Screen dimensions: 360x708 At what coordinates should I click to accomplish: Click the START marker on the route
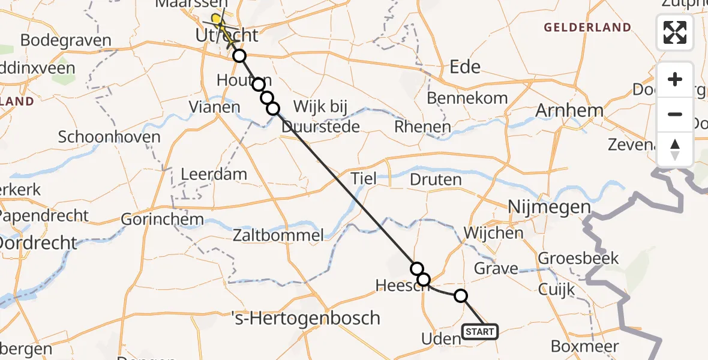[479, 332]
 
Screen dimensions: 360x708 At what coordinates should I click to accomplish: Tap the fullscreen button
[675, 32]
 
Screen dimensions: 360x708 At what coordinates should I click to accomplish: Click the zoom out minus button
[675, 114]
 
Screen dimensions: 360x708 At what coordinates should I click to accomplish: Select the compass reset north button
[675, 149]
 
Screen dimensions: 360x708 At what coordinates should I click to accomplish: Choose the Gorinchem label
[163, 219]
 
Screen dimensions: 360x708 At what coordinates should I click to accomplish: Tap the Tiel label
[364, 178]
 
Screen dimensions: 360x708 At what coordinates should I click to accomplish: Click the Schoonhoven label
[109, 137]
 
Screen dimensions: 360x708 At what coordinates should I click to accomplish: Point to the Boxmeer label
[584, 347]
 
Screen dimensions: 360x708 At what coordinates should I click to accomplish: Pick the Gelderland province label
[587, 28]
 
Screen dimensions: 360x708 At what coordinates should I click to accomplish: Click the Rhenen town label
[422, 127]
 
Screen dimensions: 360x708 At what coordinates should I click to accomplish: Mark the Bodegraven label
[66, 41]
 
